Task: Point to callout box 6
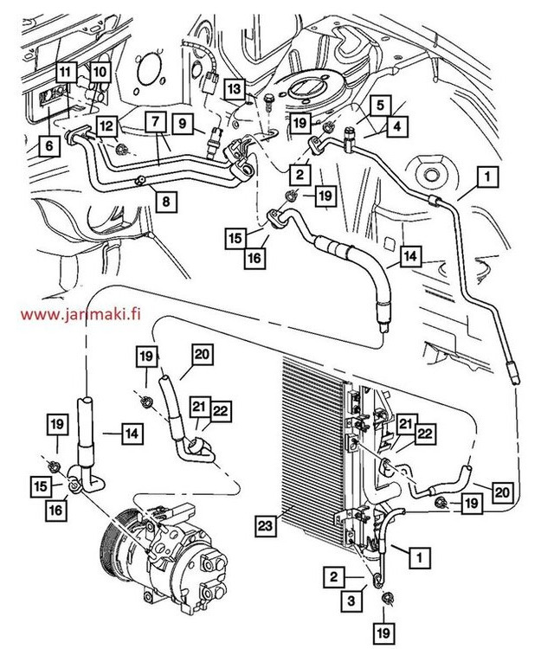pos(48,146)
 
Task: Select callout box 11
pos(67,72)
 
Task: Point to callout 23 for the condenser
pos(266,524)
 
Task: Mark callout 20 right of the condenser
pos(501,491)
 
